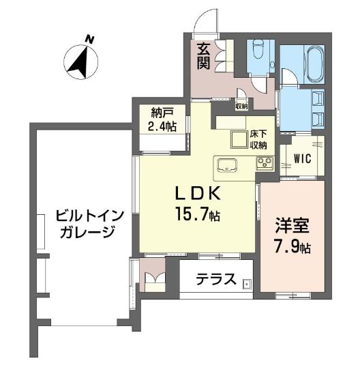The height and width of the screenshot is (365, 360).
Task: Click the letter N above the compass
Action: (89, 39)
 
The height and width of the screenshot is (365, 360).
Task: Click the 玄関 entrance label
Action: (204, 56)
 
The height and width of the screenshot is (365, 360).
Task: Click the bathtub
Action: (315, 64)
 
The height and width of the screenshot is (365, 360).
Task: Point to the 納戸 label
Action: (162, 114)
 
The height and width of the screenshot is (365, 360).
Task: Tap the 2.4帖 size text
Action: (162, 126)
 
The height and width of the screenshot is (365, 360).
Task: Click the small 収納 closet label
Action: (241, 106)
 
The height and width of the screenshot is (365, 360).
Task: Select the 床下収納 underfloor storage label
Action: (258, 140)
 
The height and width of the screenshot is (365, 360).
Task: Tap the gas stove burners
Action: (265, 162)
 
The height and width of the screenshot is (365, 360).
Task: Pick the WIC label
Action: (302, 159)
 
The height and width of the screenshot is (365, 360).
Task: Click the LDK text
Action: (197, 194)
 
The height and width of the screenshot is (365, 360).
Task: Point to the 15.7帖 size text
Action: (198, 214)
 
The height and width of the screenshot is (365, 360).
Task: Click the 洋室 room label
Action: (292, 226)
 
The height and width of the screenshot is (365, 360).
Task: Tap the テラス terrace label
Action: (215, 279)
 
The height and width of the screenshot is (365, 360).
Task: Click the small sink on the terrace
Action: (247, 284)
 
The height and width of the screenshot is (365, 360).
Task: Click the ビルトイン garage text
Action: (89, 216)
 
